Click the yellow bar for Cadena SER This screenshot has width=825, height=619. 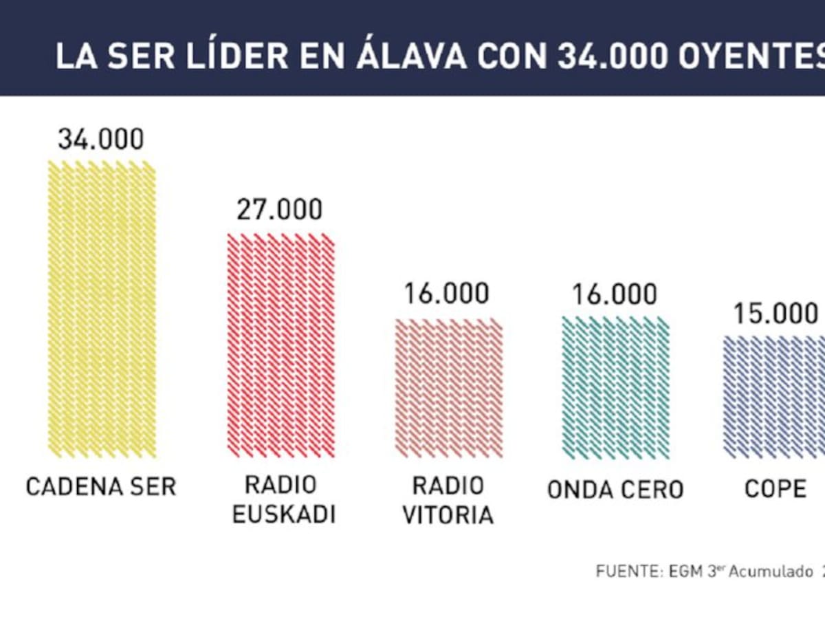pos(102,309)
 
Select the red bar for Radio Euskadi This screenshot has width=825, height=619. pos(281,345)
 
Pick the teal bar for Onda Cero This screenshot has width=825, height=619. pos(615,387)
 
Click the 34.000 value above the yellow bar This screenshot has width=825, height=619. pos(101,139)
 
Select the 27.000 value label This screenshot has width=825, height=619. pos(279,210)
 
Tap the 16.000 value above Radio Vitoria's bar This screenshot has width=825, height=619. pos(447,294)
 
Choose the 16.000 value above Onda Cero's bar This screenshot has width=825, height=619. pos(615,294)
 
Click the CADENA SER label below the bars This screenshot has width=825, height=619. pos(101,487)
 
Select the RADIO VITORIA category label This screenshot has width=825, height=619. pos(448,500)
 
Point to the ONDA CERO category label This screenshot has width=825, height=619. pos(615,490)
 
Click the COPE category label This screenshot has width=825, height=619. pos(775,489)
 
